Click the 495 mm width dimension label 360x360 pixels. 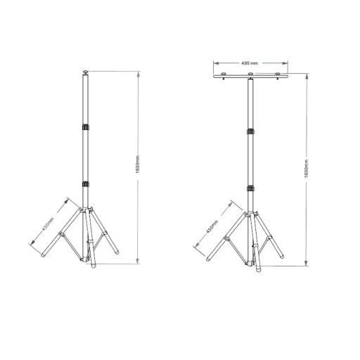(x=250, y=64)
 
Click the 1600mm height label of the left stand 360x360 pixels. (x=141, y=165)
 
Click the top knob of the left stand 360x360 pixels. (x=87, y=71)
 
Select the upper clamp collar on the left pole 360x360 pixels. (x=85, y=127)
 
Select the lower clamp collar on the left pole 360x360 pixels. (x=85, y=184)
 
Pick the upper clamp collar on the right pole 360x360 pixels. (x=250, y=131)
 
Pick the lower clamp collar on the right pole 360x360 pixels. (x=250, y=187)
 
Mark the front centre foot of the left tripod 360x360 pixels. (x=90, y=264)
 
